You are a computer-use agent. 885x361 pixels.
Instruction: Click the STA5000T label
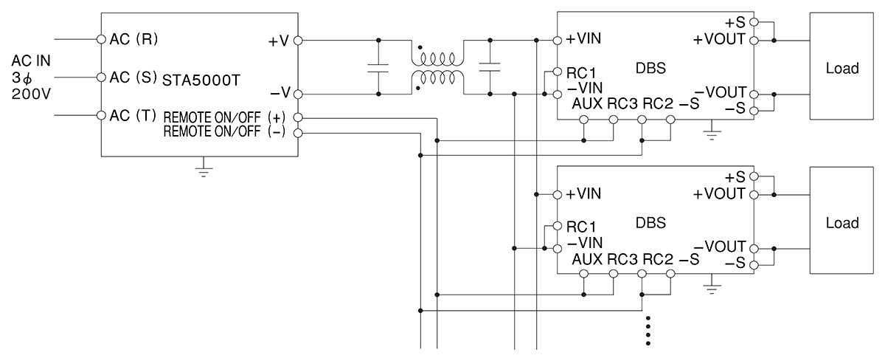(x=201, y=80)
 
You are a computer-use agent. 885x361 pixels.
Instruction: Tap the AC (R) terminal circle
(x=102, y=39)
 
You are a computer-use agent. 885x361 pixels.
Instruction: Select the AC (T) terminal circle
(x=102, y=115)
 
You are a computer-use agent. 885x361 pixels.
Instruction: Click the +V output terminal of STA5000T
(x=298, y=41)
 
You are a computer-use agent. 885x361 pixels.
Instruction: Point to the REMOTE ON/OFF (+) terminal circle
(x=298, y=117)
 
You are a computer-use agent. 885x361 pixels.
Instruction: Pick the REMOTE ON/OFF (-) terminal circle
(x=298, y=133)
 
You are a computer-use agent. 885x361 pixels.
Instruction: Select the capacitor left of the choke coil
(x=378, y=68)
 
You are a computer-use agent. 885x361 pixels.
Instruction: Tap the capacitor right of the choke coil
(x=490, y=67)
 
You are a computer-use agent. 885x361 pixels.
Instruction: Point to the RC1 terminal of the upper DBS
(x=558, y=72)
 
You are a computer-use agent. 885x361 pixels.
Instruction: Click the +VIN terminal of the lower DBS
(x=558, y=195)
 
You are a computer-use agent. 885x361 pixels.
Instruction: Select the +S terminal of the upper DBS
(x=754, y=22)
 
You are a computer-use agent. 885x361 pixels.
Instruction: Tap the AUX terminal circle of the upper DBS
(x=584, y=120)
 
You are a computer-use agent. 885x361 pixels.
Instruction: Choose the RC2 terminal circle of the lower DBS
(x=642, y=274)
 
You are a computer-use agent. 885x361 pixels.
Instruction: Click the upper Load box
(x=841, y=66)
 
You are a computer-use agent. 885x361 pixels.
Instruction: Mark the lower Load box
(x=841, y=220)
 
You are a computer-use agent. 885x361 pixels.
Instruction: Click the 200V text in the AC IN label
(x=31, y=94)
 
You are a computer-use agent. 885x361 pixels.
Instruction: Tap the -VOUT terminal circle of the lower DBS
(x=754, y=249)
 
